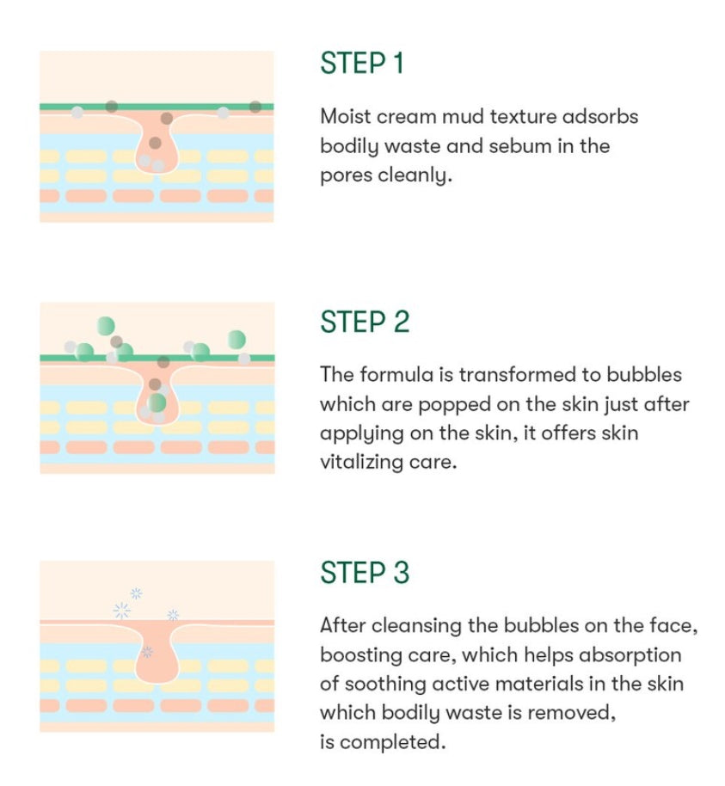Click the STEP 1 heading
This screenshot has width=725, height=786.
tap(362, 63)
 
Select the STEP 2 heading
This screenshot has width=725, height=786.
tap(365, 322)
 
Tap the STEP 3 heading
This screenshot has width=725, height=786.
tap(365, 573)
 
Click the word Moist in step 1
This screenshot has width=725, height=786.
tap(345, 116)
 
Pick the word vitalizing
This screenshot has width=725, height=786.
tap(361, 463)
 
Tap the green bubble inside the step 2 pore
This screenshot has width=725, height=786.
tap(157, 402)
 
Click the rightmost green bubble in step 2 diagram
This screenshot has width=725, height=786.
tap(237, 340)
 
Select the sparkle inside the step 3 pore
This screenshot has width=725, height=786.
tap(147, 652)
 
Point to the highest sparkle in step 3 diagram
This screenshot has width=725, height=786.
tap(136, 593)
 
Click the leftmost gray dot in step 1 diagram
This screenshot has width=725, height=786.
tap(77, 113)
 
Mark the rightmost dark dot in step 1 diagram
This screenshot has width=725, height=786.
tap(255, 107)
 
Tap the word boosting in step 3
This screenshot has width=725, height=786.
tap(359, 655)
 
